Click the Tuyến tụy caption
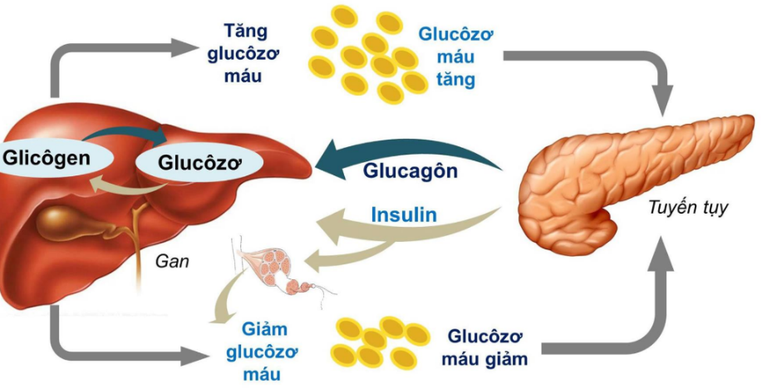(x=688, y=208)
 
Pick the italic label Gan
(x=172, y=261)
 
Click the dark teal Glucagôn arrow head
(x=332, y=158)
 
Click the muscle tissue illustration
(x=279, y=264)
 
